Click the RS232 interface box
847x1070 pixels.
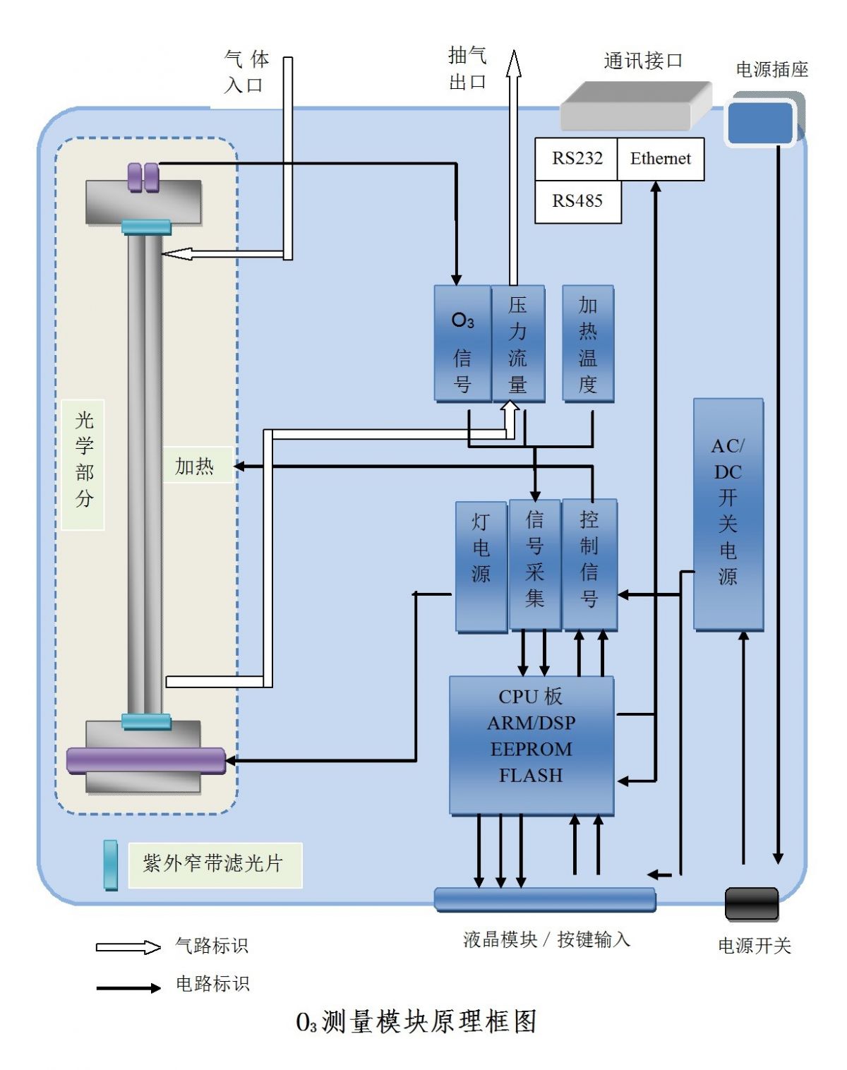tap(576, 159)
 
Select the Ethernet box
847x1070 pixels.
tap(660, 159)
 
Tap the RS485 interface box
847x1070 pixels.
tap(577, 202)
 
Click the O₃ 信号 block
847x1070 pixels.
tap(462, 344)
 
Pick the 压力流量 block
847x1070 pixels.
tap(518, 344)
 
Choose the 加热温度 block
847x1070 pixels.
tap(588, 344)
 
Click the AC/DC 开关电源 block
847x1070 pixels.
tap(728, 513)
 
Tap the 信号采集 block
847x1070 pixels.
tap(535, 564)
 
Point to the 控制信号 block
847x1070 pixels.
tap(589, 564)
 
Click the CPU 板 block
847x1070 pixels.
tap(531, 745)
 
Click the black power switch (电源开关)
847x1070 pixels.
tap(752, 903)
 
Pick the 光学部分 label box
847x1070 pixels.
tap(83, 464)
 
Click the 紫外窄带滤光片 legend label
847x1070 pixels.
tap(215, 864)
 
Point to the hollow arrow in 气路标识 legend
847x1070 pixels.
tap(128, 946)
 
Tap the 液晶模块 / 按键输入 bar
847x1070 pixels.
tap(544, 899)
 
